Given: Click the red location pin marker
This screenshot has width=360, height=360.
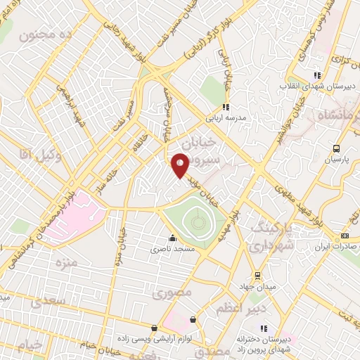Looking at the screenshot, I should point(180,166).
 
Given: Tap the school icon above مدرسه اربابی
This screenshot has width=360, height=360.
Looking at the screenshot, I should point(225,108).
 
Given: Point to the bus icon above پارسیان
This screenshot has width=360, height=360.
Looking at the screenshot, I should point(336,148).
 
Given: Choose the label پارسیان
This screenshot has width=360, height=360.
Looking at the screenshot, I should point(335,160).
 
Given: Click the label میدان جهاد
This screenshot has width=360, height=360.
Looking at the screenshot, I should point(257,286).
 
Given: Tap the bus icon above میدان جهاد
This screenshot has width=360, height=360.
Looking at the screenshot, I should point(257,274).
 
